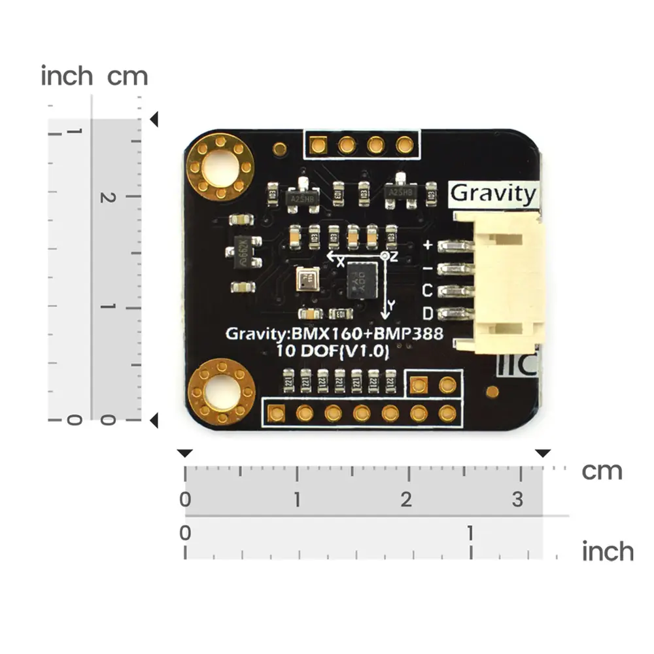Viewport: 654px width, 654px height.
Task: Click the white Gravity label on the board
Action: [x=493, y=194]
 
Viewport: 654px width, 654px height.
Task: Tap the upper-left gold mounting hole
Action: [x=220, y=167]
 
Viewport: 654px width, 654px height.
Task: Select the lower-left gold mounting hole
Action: [x=221, y=390]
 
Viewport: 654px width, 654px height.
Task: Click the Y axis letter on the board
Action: [x=391, y=305]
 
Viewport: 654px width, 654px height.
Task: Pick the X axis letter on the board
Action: [x=340, y=262]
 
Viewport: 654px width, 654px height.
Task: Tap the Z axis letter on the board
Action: [x=394, y=256]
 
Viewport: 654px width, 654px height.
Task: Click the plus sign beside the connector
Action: [x=429, y=246]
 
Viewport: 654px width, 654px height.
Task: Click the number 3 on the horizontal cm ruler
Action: [x=517, y=500]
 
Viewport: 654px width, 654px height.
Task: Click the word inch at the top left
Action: [x=67, y=76]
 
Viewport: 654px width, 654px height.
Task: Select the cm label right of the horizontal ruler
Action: [x=602, y=471]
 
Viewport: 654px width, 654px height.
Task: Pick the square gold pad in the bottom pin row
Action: [x=276, y=413]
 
